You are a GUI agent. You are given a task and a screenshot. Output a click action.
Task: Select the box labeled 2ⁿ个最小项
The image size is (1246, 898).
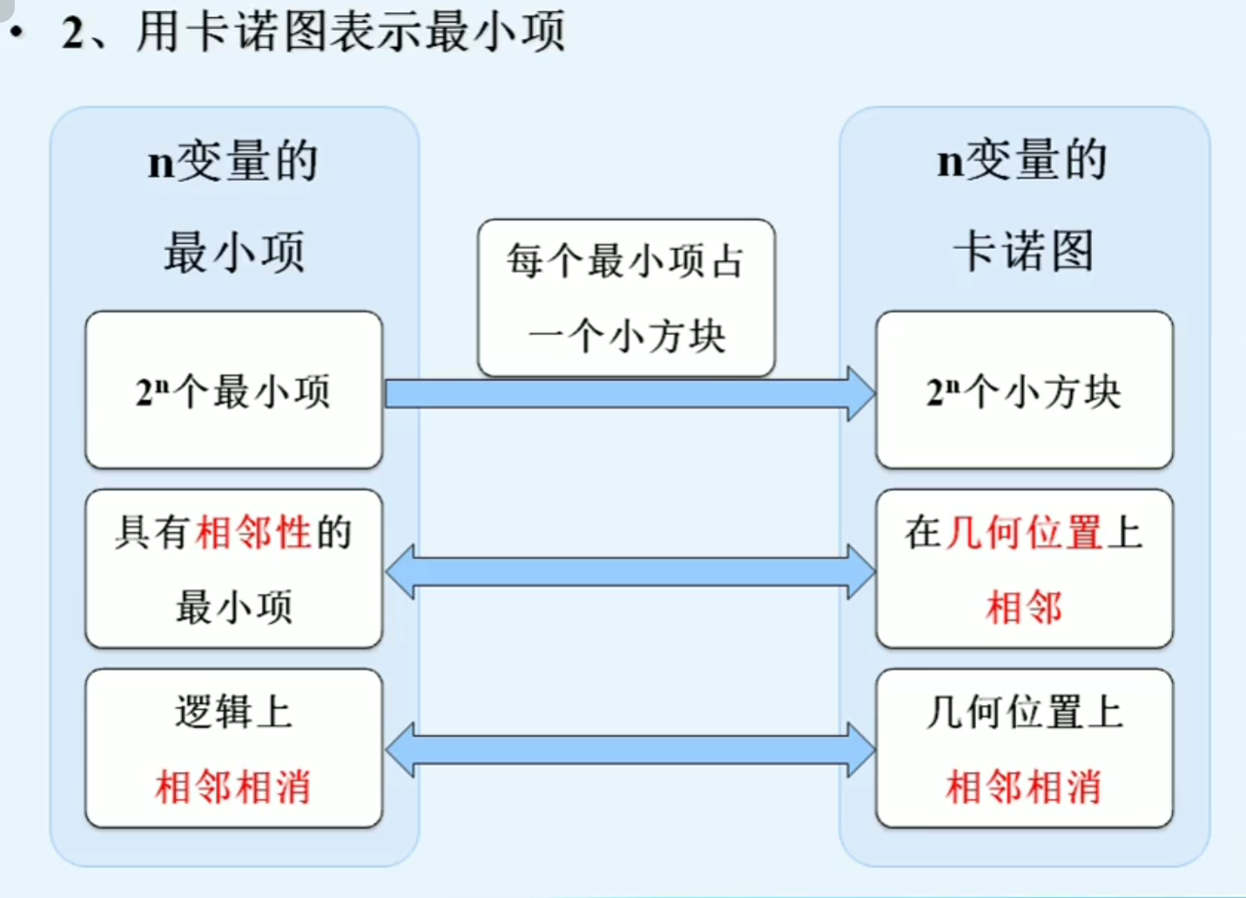pos(233,391)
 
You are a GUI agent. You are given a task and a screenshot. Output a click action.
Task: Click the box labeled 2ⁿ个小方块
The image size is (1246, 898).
pos(1024,391)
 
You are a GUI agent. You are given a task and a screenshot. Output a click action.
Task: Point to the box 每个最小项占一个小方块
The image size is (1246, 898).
pos(626,298)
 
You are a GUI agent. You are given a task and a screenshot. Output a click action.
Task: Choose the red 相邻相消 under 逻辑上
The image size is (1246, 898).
pos(233,787)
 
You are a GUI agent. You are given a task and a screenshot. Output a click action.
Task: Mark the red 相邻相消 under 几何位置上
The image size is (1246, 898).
pos(1024,787)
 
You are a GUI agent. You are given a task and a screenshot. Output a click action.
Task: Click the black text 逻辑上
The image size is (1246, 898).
pos(233,712)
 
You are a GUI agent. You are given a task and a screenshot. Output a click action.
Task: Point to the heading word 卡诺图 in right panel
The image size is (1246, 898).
pos(1024,251)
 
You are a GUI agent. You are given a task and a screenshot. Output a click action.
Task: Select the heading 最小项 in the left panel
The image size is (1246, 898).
pos(234,253)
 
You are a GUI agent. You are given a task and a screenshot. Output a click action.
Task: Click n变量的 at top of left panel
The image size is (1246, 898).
pos(233,161)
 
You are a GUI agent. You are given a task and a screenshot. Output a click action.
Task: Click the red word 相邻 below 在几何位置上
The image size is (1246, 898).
pos(1024,607)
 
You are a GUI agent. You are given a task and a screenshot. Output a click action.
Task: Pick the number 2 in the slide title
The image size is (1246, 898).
pos(73,33)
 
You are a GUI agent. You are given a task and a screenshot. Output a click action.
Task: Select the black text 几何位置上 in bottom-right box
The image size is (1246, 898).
pos(1024,712)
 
